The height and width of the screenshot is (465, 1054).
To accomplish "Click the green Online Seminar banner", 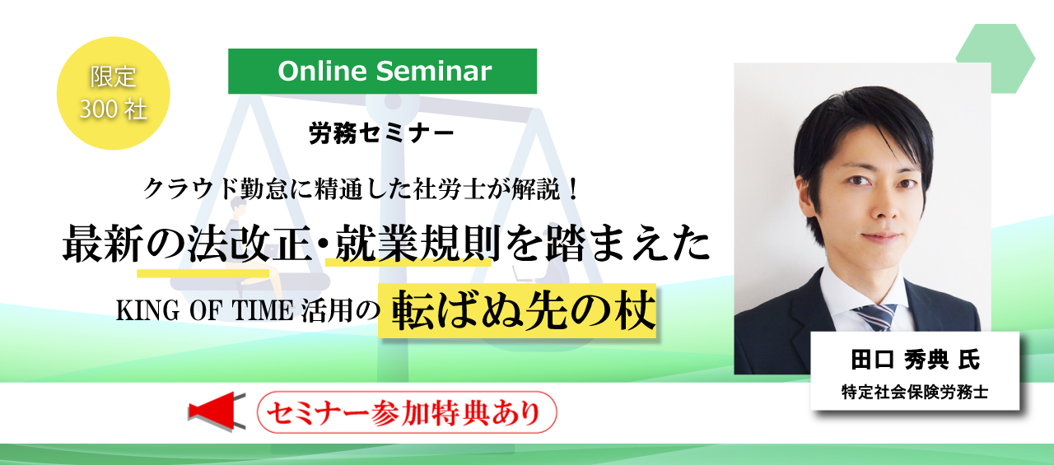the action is pos(382,71).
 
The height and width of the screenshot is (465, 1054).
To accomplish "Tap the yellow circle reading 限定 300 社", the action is pos(113,93).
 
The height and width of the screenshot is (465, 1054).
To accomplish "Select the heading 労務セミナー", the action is pos(381,133).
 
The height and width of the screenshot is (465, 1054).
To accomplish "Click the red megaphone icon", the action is pos(217,412).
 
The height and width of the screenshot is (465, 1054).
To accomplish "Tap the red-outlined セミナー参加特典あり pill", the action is pos(407,412).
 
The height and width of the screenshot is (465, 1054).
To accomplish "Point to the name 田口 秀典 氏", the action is pos(915,360).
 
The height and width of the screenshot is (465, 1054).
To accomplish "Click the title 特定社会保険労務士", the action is pos(915,392).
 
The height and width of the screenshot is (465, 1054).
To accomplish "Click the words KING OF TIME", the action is pos(205,311).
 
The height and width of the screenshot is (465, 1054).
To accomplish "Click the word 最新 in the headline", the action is pos(103,244).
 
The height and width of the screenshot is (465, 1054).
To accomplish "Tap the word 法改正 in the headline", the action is pos(249,244).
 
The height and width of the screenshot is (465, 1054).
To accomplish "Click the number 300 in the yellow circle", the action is pos(98,109).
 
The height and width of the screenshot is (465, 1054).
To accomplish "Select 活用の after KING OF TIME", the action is pos(340,311).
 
